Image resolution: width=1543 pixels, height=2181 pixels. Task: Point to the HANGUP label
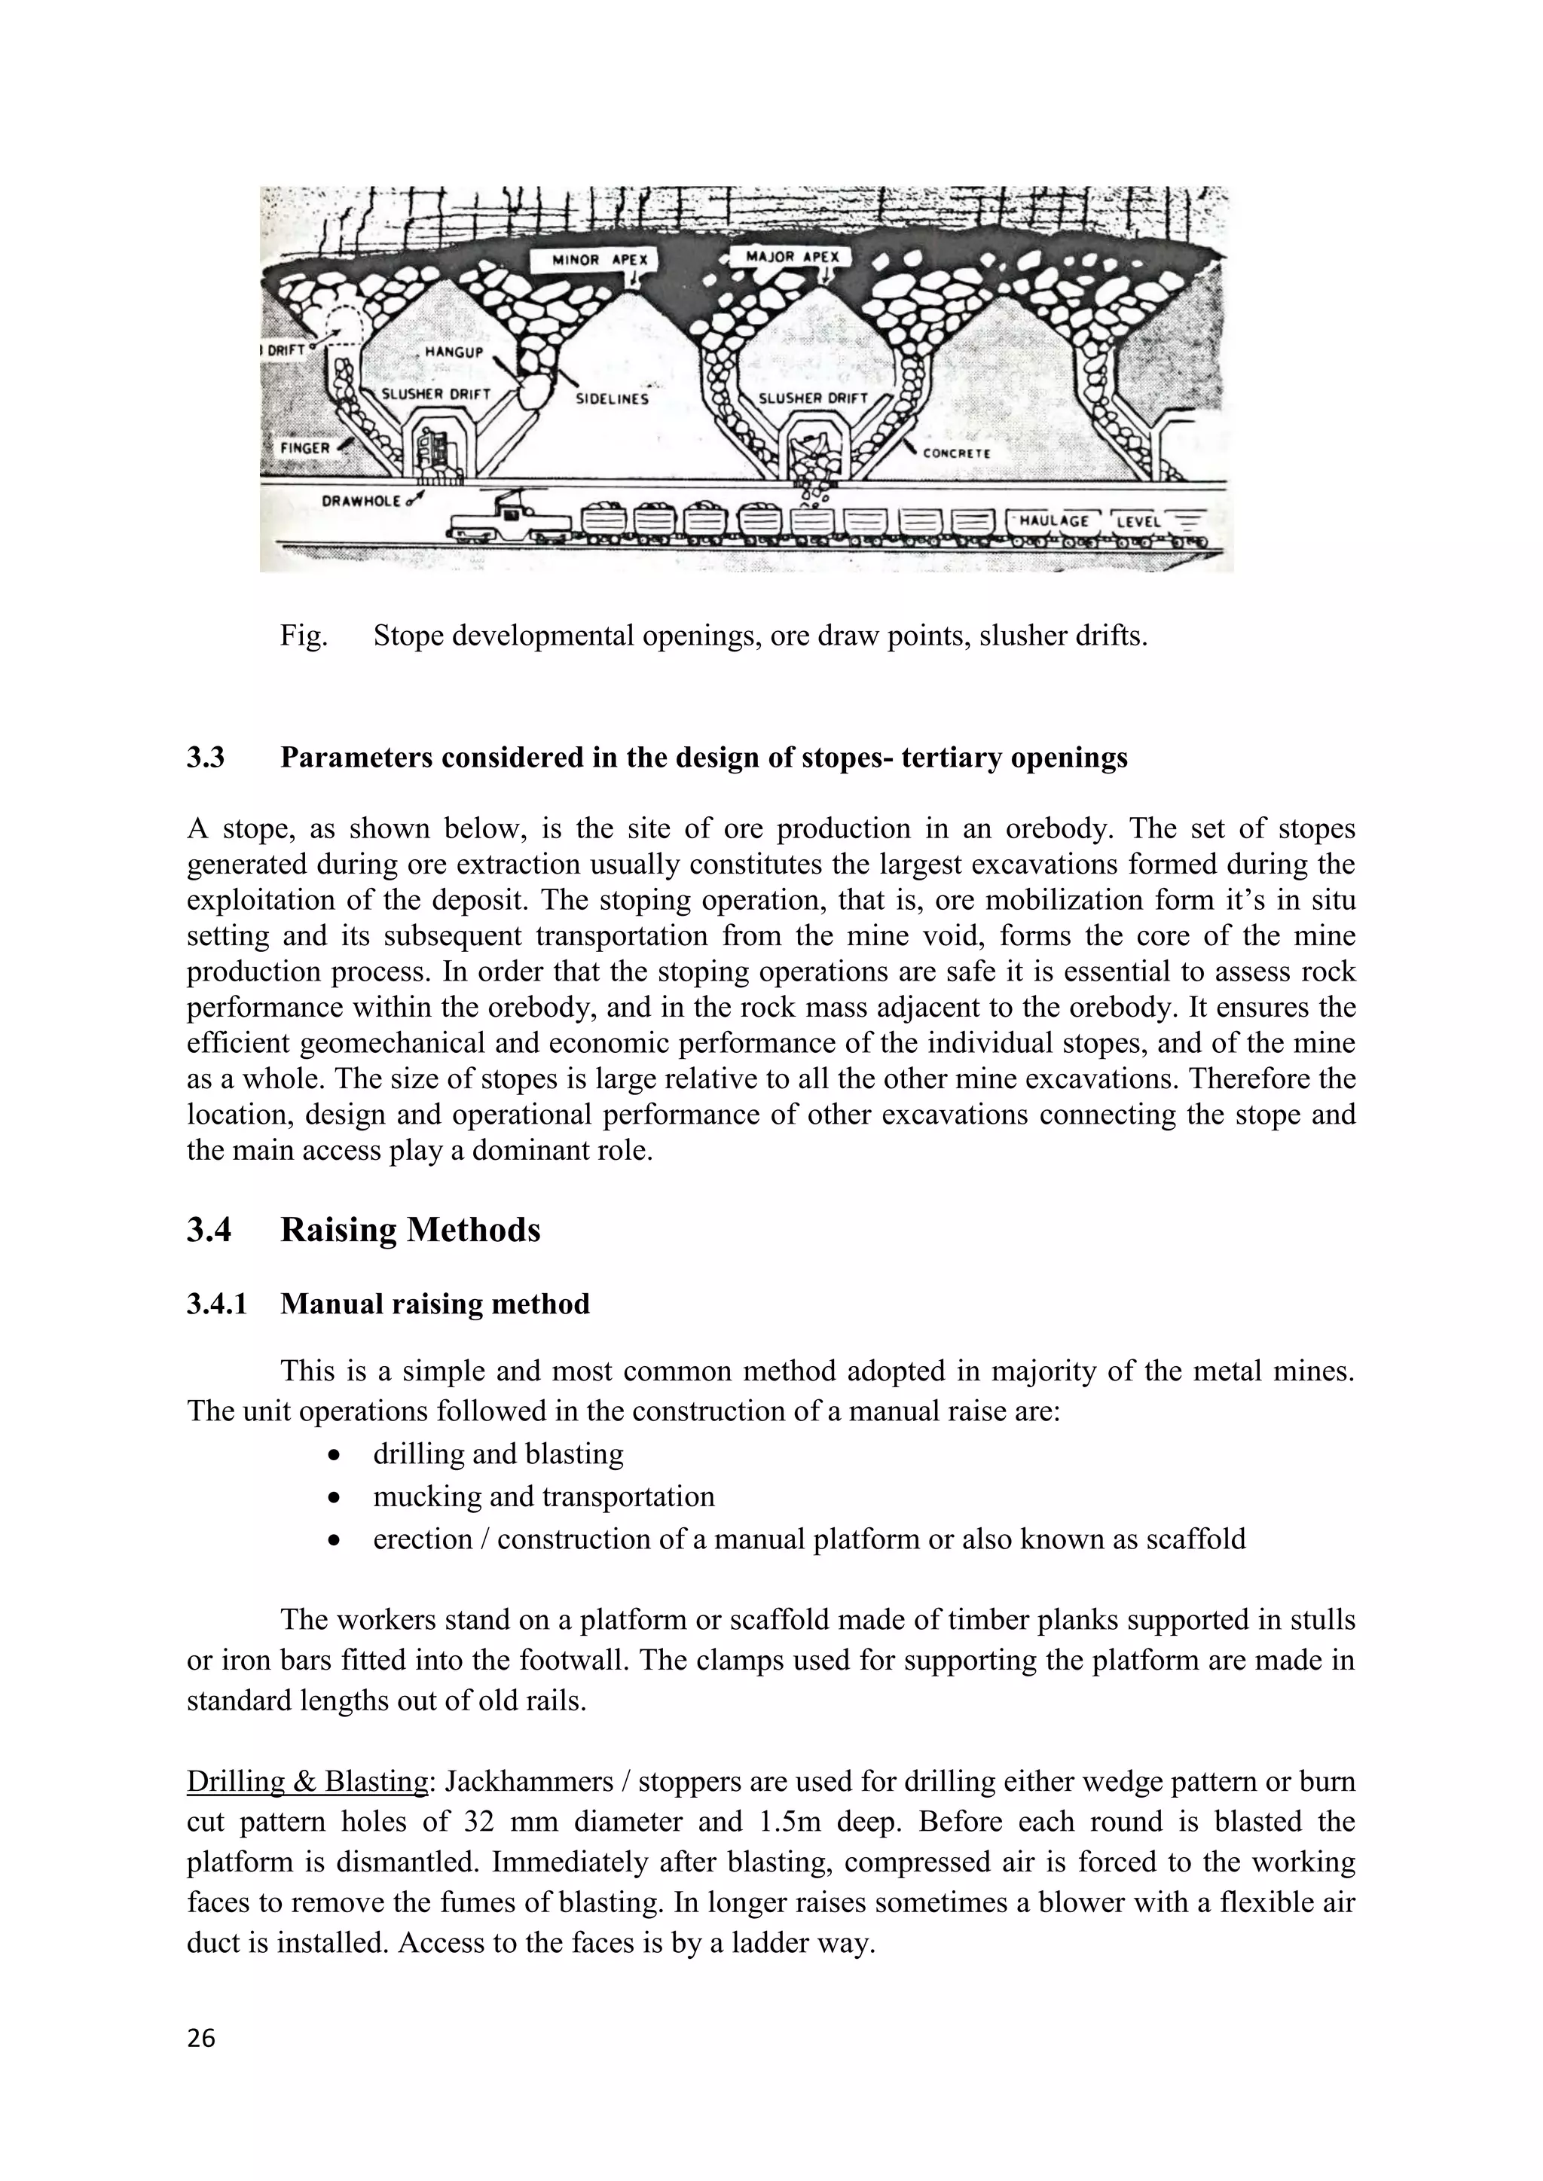click(x=454, y=352)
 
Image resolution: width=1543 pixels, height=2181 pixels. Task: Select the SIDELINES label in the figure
click(x=612, y=399)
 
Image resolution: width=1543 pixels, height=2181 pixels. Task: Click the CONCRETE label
click(x=957, y=453)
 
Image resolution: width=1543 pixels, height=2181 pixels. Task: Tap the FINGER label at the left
click(x=304, y=447)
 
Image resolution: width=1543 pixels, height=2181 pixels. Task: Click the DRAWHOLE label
click(x=361, y=501)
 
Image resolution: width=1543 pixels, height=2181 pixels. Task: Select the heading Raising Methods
click(x=410, y=1229)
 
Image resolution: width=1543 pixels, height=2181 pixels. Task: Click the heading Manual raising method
click(x=434, y=1304)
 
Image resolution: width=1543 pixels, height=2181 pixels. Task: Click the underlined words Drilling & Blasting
click(x=307, y=1782)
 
